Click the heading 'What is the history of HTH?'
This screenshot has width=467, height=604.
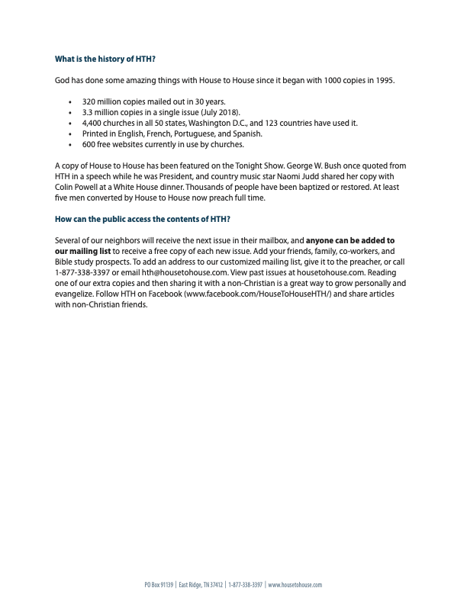pyautogui.click(x=106, y=59)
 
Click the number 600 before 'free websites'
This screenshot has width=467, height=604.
pyautogui.click(x=89, y=144)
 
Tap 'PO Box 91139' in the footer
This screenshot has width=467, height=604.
pyautogui.click(x=159, y=585)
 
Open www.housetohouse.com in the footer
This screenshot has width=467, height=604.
pyautogui.click(x=295, y=585)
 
